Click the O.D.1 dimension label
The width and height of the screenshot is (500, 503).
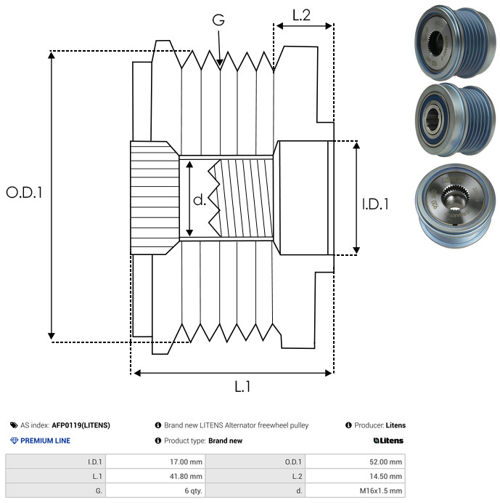25,193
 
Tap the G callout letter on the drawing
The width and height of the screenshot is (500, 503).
218,20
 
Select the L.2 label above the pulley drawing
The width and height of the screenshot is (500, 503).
301,15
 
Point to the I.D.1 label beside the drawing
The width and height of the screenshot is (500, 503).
375,204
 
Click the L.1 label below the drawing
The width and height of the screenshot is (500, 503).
242,387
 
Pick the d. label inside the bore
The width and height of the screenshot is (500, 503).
199,199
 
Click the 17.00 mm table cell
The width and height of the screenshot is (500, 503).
156,461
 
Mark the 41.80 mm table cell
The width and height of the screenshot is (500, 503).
156,475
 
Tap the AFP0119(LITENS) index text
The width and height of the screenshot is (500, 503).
81,425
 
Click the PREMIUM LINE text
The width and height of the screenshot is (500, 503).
45,440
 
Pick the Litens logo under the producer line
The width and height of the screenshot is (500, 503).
388,440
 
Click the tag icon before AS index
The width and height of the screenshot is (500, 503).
14,425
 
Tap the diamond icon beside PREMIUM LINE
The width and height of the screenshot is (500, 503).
14,440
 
